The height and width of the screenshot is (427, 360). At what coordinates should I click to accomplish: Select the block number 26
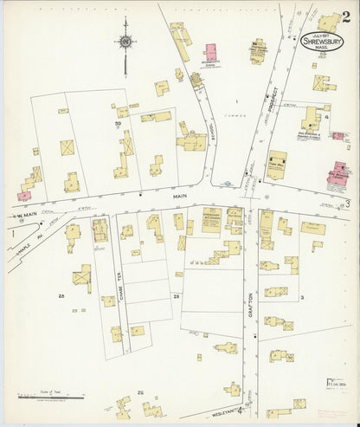[x=61, y=296]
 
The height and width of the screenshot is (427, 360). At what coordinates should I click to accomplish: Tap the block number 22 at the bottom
[x=140, y=391]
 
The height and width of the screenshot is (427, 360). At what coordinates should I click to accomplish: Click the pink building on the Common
[x=210, y=53]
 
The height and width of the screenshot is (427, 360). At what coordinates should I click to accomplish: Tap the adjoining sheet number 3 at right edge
[x=348, y=204]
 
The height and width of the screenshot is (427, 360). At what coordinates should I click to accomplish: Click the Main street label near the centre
[x=180, y=196]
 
